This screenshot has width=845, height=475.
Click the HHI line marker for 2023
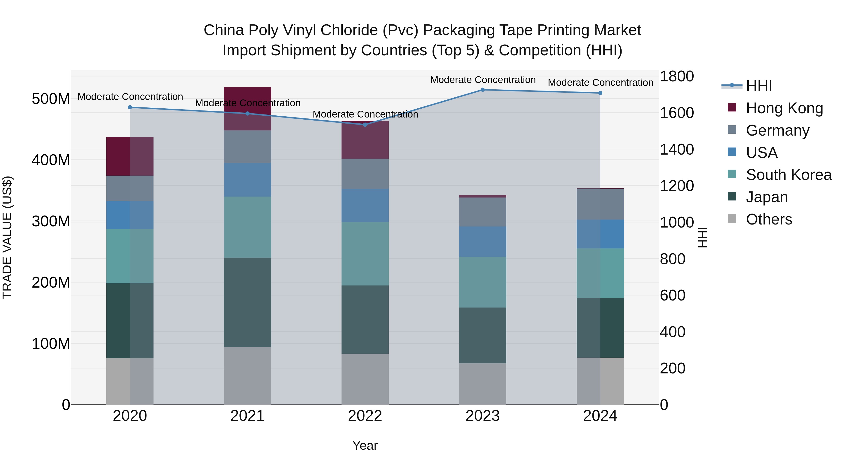(483, 90)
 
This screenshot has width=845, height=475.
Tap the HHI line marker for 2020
(130, 107)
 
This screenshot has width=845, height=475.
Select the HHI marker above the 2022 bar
(365, 125)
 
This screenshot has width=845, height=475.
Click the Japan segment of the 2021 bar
(247, 302)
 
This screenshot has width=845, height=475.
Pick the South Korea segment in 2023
(483, 282)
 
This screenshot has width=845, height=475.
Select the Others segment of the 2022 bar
(365, 379)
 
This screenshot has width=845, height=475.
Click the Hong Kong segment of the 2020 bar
(130, 156)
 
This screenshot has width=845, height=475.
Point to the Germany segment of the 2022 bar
(365, 174)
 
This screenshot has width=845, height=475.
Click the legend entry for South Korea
(789, 175)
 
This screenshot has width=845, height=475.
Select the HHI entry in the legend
(759, 86)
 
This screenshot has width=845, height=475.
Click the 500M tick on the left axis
(51, 99)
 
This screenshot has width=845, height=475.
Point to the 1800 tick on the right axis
(676, 76)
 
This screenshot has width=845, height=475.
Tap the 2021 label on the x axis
(247, 416)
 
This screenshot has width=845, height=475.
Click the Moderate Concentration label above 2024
(600, 83)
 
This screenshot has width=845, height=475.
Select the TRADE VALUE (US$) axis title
(7, 237)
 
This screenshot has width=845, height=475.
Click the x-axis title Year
(365, 445)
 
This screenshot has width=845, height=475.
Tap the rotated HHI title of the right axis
(702, 237)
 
